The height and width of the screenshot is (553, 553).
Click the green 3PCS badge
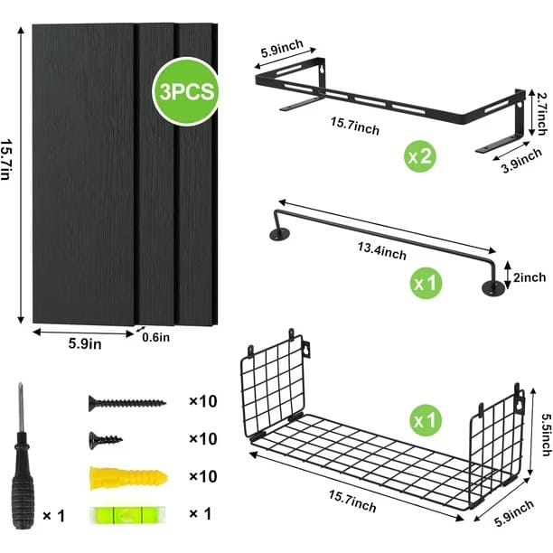click(x=186, y=91)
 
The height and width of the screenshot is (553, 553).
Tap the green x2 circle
click(x=419, y=156)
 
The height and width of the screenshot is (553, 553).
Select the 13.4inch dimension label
click(x=382, y=251)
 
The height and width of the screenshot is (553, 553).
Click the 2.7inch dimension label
click(x=543, y=114)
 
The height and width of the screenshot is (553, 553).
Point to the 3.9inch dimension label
click(x=521, y=161)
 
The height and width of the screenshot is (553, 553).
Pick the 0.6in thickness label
click(x=156, y=338)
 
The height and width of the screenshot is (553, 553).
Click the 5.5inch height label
click(x=546, y=435)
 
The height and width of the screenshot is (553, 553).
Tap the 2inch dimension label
click(x=530, y=277)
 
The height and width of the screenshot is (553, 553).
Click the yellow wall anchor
click(x=128, y=478)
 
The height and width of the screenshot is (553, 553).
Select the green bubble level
click(x=127, y=514)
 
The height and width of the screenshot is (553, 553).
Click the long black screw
click(x=127, y=403)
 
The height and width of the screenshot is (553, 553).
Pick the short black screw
click(x=106, y=440)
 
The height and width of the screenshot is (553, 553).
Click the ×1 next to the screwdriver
click(x=54, y=516)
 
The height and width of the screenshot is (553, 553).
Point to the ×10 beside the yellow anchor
click(x=202, y=476)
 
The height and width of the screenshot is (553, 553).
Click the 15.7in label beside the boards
click(x=6, y=159)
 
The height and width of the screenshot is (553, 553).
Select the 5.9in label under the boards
click(x=85, y=343)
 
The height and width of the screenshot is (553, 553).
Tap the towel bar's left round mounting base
click(x=280, y=234)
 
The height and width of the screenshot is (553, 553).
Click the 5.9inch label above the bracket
click(x=282, y=48)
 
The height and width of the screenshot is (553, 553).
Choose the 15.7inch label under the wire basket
click(x=352, y=501)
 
